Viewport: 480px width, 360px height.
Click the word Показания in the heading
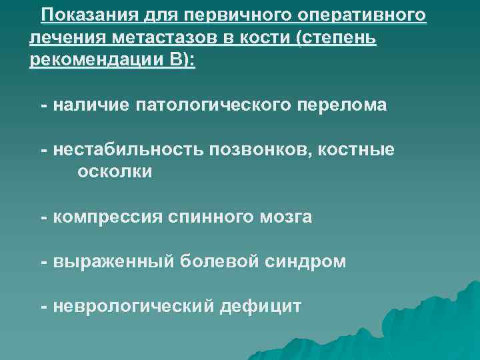click(82, 15)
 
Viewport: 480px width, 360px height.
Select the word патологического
click(211, 105)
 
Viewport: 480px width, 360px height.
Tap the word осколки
click(115, 172)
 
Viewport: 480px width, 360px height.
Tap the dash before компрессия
click(43, 217)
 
